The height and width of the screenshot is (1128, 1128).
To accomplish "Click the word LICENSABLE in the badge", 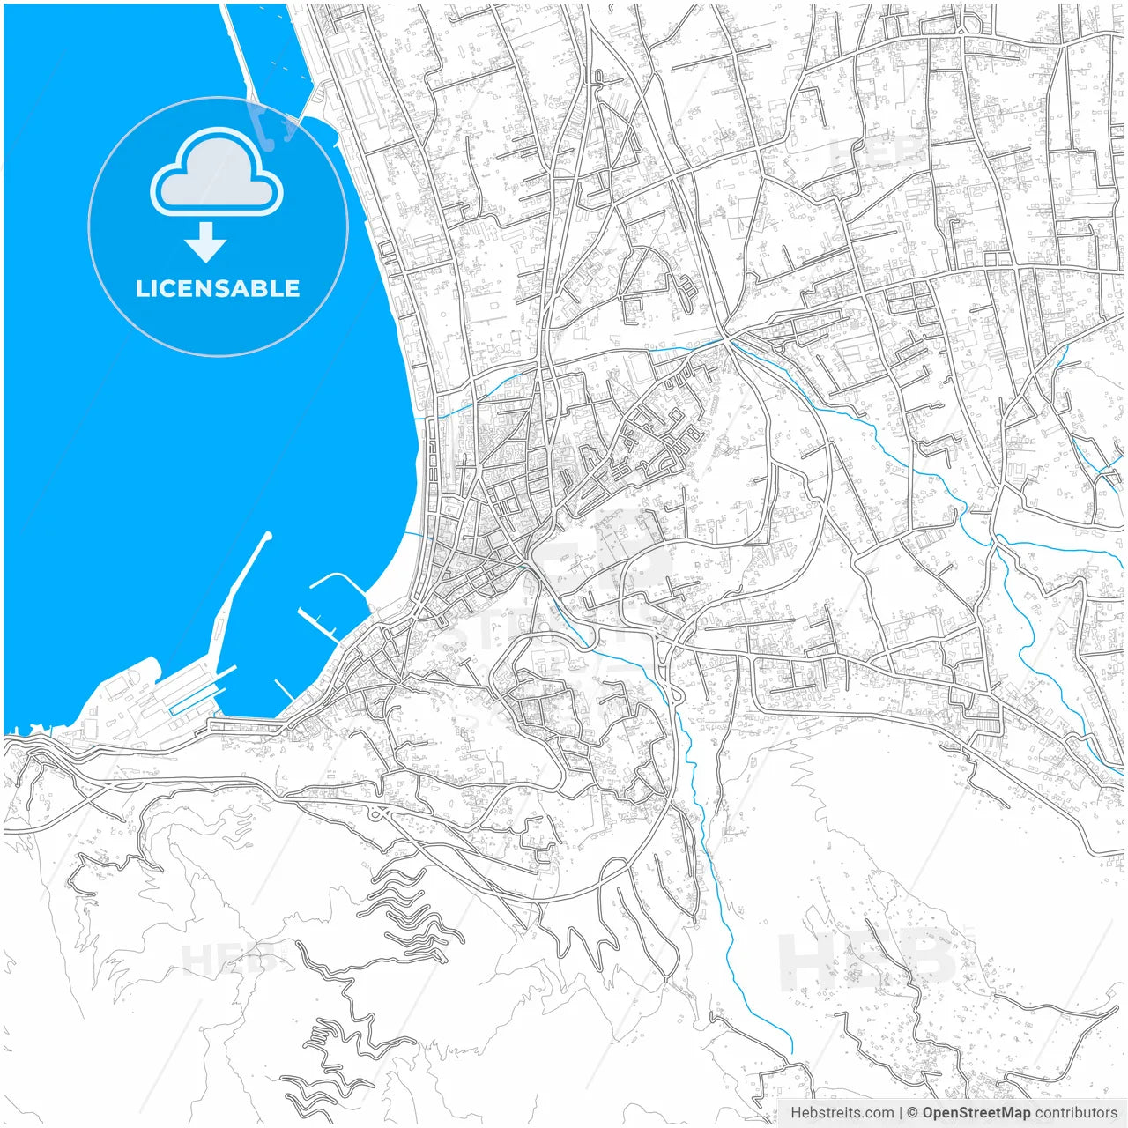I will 218,288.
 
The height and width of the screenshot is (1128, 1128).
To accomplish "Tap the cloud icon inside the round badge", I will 217,173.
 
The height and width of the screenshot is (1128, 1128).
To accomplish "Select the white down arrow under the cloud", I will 205,242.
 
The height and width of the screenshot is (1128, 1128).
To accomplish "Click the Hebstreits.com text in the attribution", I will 842,1113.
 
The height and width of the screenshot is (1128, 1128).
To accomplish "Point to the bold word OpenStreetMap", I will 976,1113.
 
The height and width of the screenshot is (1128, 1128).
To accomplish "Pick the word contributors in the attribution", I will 1076,1113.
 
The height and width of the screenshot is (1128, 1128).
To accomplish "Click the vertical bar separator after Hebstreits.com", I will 900,1113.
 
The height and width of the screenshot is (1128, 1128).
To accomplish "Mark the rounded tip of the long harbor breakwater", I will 268,536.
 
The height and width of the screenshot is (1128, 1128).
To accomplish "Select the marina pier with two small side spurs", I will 317,622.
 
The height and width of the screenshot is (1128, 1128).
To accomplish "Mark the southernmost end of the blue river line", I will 791,1052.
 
